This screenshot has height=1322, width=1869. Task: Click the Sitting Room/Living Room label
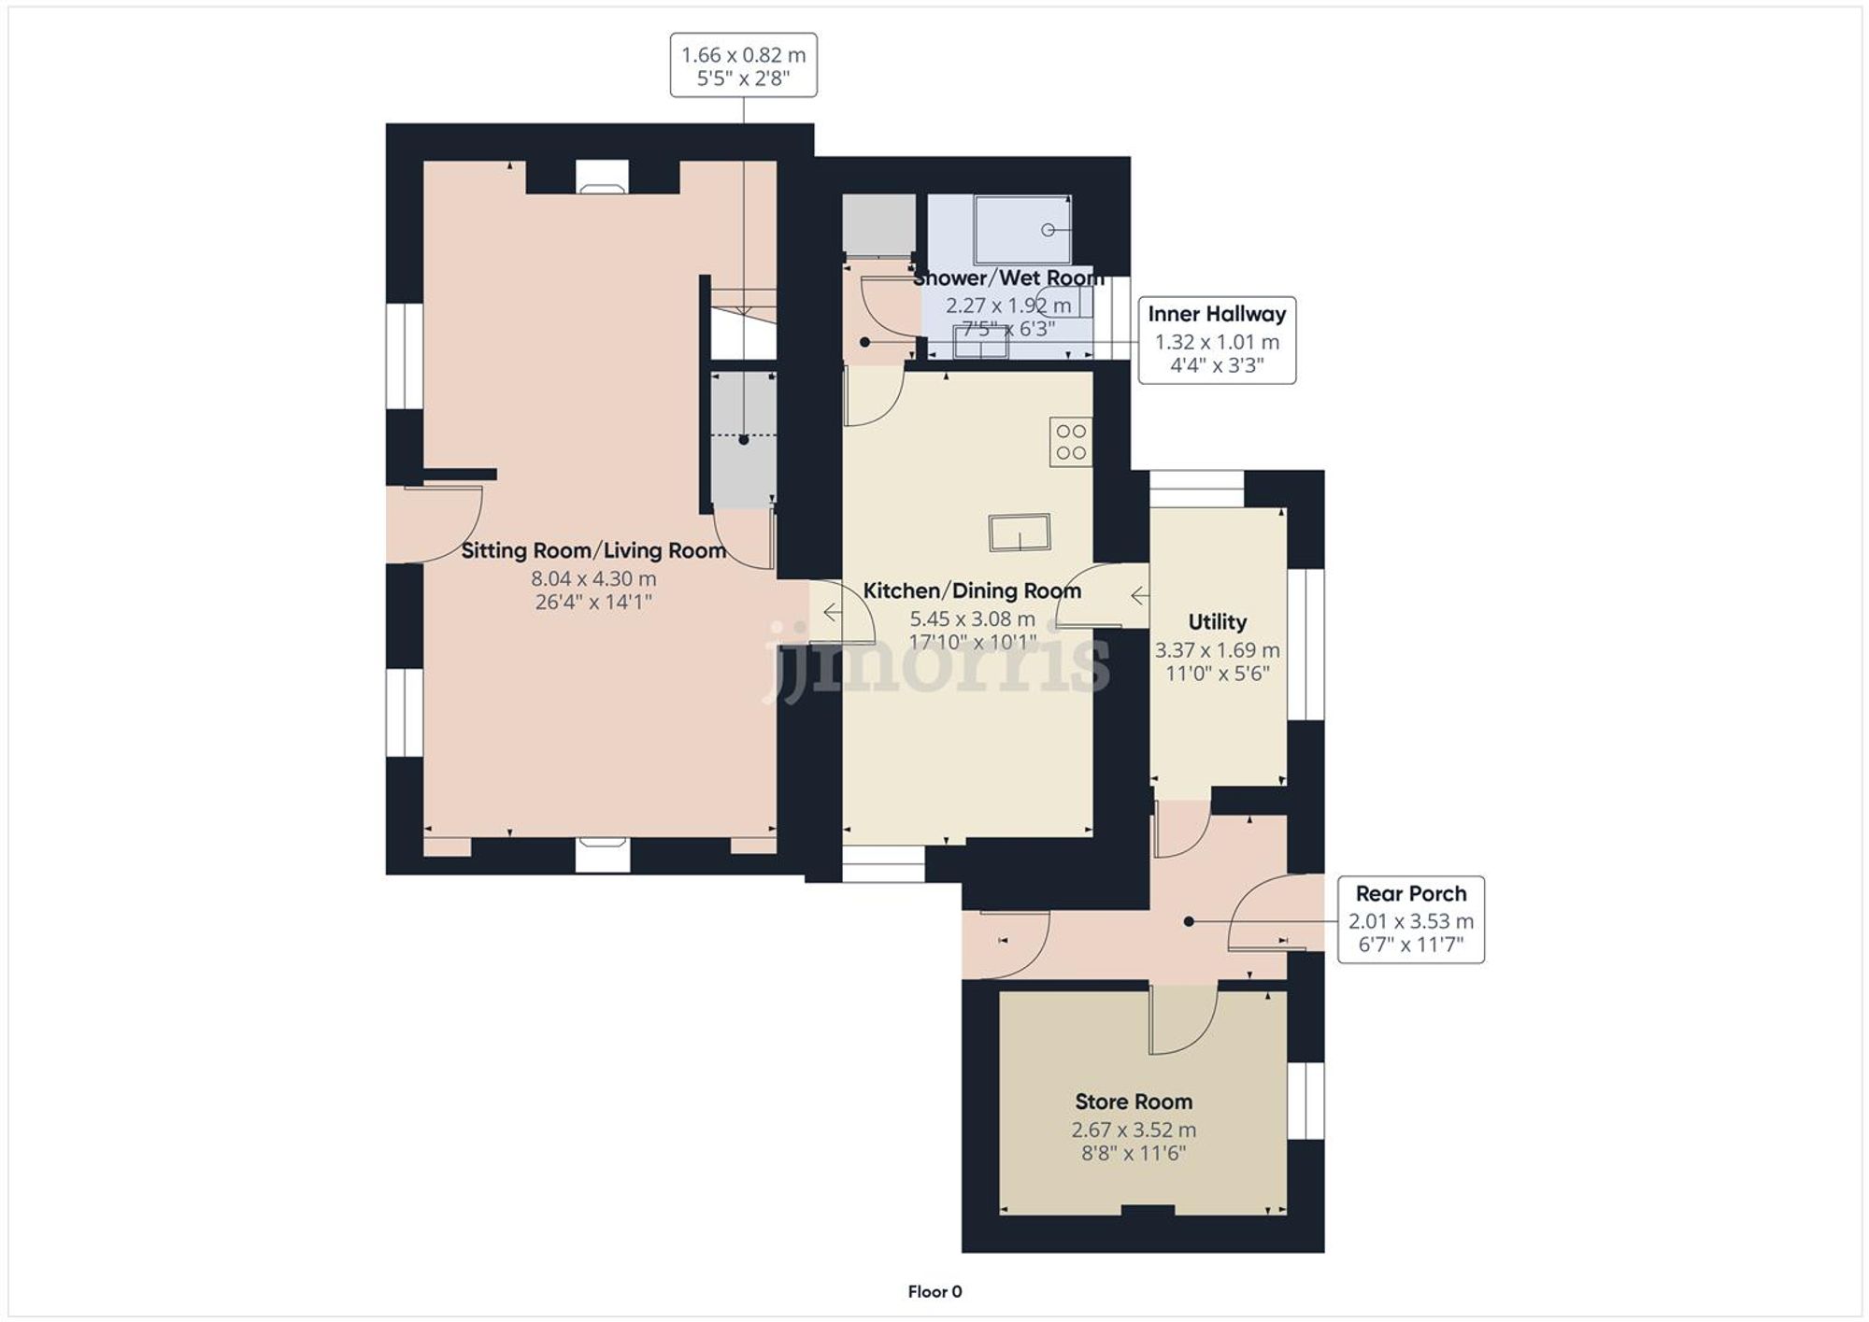point(593,550)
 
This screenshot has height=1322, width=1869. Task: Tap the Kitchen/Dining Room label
point(972,590)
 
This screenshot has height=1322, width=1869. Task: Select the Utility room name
point(1217,622)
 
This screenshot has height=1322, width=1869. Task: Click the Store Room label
point(1134,1102)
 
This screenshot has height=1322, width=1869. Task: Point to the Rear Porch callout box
point(1410,919)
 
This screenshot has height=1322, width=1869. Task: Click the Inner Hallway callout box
point(1217,340)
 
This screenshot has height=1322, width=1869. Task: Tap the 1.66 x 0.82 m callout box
point(743,65)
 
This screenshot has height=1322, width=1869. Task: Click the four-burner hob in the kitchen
point(1071,442)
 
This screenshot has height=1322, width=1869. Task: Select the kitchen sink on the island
point(1020,533)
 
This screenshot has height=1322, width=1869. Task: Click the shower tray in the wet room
point(1022,230)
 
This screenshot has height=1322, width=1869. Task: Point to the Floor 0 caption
point(934,1291)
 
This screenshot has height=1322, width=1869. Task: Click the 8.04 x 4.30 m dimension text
point(593,578)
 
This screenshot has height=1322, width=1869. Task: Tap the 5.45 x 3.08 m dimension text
point(972,618)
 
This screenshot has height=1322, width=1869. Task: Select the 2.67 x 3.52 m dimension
point(1134,1130)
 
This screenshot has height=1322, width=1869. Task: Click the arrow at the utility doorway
point(1139,595)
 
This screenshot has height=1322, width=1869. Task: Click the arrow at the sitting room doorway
point(831,613)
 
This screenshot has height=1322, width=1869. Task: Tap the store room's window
point(1305,1101)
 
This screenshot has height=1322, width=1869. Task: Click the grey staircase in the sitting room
point(744,439)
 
